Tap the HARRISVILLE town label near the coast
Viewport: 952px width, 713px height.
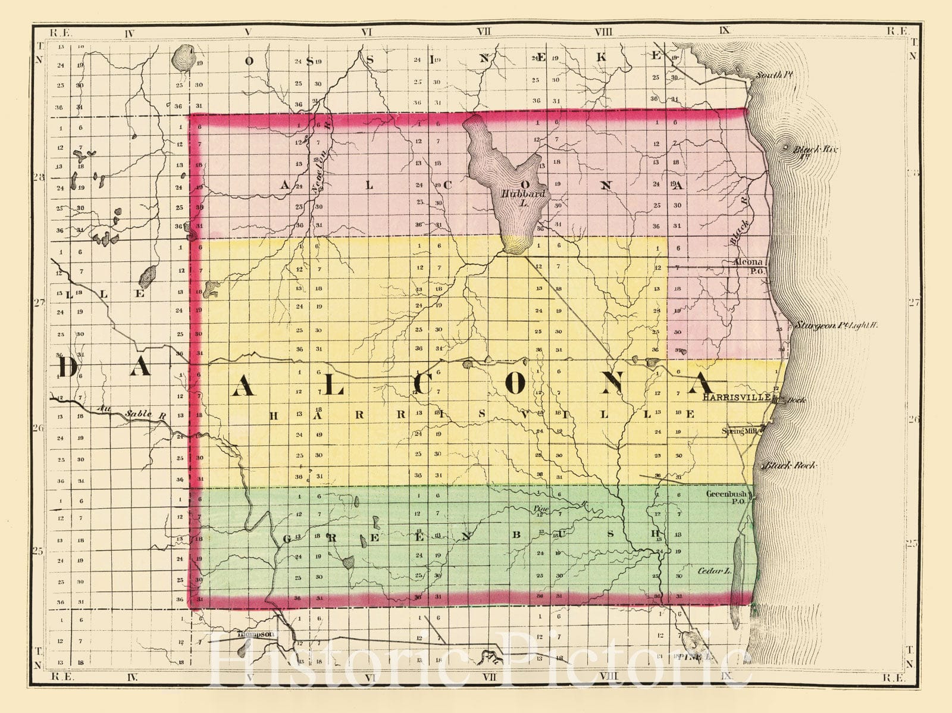pyautogui.click(x=737, y=398)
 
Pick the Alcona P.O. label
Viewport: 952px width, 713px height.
pyautogui.click(x=751, y=266)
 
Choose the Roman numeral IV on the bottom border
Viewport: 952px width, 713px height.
pyautogui.click(x=131, y=677)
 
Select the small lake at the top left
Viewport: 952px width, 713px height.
pyautogui.click(x=182, y=58)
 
